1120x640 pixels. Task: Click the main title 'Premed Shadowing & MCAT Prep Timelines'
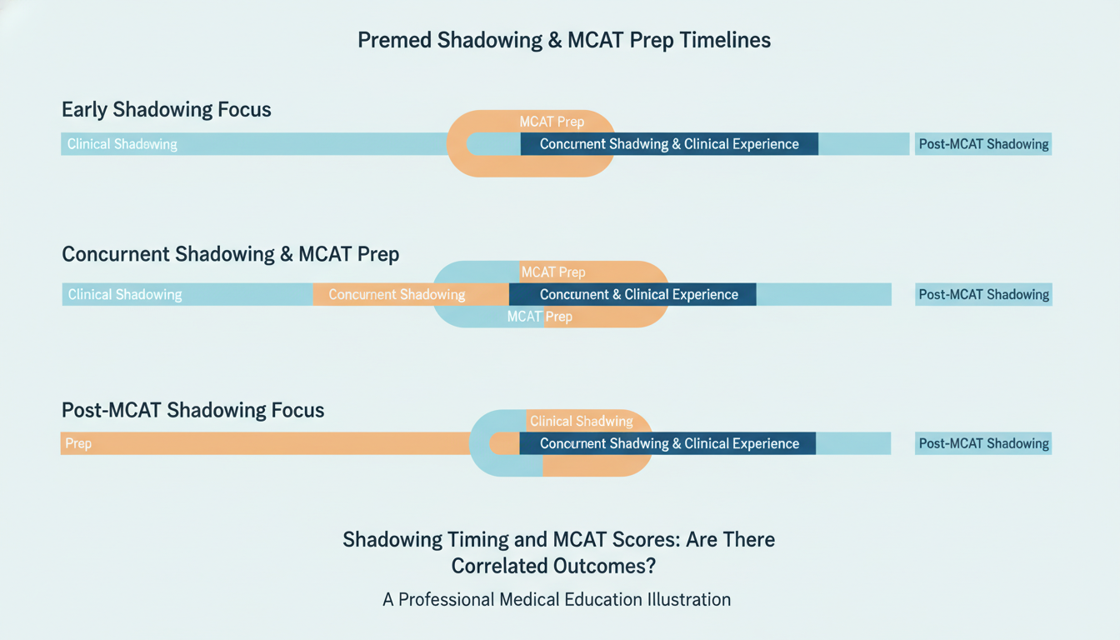(x=563, y=40)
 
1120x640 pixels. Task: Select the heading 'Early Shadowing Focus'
(x=167, y=109)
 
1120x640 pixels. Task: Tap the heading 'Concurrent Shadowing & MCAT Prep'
(x=230, y=254)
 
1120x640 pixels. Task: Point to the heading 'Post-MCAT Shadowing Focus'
(x=192, y=410)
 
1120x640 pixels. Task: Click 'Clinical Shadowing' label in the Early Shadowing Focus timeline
(x=122, y=144)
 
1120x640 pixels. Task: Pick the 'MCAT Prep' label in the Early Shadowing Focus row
(x=552, y=122)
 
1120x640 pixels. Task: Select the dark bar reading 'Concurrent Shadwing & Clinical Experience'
(x=668, y=144)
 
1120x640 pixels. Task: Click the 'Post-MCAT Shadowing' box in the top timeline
(x=983, y=144)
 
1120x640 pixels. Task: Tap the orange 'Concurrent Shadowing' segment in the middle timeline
(x=397, y=294)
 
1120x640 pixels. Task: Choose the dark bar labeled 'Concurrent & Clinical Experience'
(x=638, y=294)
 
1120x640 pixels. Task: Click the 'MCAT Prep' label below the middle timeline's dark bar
(x=539, y=317)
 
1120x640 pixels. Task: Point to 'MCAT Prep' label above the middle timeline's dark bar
(x=552, y=272)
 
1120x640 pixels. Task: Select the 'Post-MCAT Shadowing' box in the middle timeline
(x=983, y=294)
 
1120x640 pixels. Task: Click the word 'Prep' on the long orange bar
(x=78, y=443)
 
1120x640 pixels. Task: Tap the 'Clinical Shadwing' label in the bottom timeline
(x=581, y=421)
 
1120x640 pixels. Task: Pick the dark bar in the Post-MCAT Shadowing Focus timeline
(x=668, y=443)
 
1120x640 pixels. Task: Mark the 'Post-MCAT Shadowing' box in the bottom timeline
(x=983, y=443)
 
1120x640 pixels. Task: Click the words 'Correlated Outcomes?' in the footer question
(x=553, y=566)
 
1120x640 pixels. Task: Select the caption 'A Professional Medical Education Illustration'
(x=557, y=599)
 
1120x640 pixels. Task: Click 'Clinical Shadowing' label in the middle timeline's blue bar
(x=125, y=294)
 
